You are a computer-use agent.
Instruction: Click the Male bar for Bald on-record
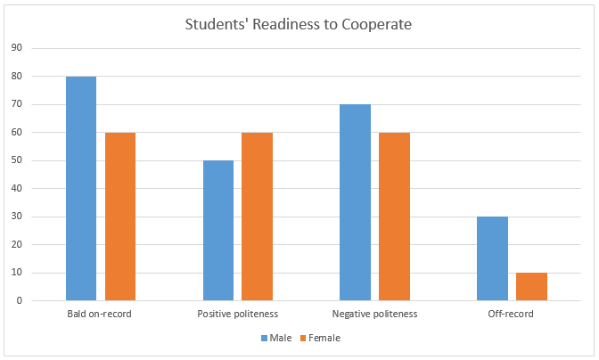[x=81, y=188]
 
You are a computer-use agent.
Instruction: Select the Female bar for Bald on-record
[x=120, y=217]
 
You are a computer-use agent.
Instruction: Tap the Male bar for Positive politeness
[x=218, y=231]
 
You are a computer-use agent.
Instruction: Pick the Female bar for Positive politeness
[x=257, y=217]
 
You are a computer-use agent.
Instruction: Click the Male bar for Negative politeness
[x=355, y=202]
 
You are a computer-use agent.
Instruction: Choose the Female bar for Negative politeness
[x=394, y=217]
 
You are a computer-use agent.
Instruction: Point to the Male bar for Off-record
[x=492, y=258]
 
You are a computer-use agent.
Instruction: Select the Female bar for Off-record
[x=531, y=287]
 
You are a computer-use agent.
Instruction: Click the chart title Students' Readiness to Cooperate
[x=299, y=24]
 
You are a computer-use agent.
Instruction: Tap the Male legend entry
[x=276, y=338]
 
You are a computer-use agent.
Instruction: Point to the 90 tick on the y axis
[x=16, y=48]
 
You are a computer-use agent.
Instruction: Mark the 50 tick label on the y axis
[x=16, y=160]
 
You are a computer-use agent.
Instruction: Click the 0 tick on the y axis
[x=19, y=301]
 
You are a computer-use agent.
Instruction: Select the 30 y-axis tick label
[x=16, y=217]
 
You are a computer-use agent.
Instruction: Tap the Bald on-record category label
[x=101, y=315]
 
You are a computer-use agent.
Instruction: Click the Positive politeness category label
[x=238, y=315]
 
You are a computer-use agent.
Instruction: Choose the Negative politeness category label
[x=374, y=315]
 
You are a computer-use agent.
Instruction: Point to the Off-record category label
[x=512, y=315]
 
